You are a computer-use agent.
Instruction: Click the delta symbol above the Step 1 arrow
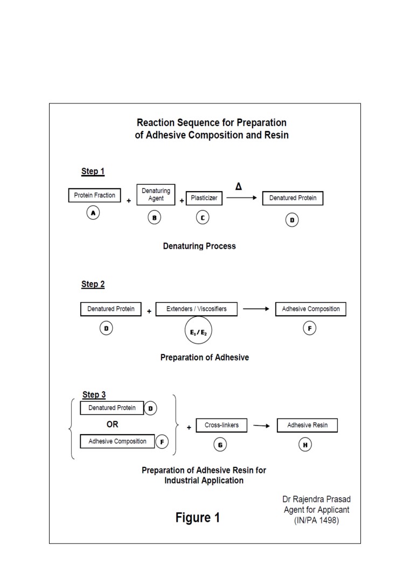[239, 186]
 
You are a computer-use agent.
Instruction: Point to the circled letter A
[93, 213]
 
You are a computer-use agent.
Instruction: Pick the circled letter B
[155, 218]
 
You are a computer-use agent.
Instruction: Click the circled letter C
[203, 218]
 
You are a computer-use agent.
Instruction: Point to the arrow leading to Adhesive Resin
[261, 425]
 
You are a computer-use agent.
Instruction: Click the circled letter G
[220, 445]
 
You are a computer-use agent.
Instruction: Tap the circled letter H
[305, 445]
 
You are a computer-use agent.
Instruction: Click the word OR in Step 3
[112, 424]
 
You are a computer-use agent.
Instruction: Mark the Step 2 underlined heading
[93, 284]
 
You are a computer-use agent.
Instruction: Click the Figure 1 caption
[198, 518]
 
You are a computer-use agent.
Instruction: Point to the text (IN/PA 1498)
[317, 520]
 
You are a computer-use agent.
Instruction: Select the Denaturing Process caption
[199, 246]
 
